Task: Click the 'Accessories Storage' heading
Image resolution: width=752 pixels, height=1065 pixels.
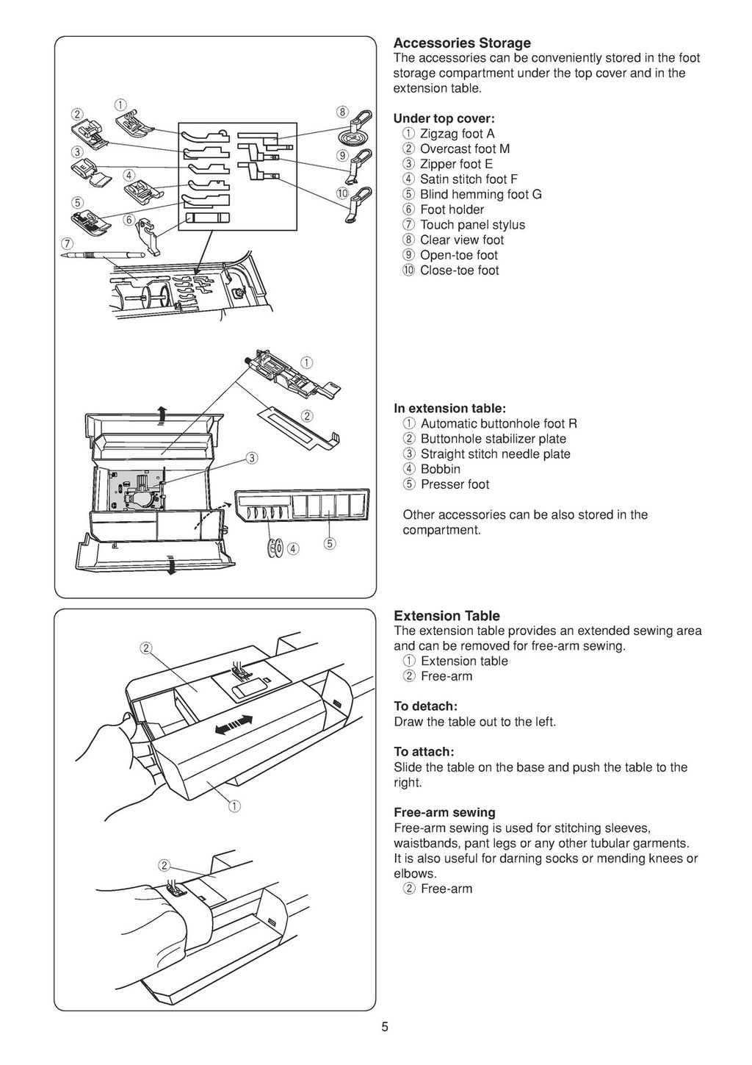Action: pos(462,43)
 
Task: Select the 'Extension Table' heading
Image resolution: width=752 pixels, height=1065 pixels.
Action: pos(446,615)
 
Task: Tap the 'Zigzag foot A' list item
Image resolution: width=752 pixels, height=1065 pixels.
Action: pos(457,133)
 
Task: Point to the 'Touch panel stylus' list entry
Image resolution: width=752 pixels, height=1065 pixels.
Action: pos(472,225)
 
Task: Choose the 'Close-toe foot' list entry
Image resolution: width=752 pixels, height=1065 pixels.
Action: pos(459,270)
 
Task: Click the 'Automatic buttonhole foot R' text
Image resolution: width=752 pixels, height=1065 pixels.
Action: pos(499,423)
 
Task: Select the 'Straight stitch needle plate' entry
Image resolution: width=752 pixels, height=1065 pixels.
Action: pos(495,454)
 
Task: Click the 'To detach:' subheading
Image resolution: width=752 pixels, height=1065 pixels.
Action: pos(425,706)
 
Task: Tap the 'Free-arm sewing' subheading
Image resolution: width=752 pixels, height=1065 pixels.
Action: pos(444,812)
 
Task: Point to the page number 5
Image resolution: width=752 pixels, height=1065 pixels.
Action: pos(385,1028)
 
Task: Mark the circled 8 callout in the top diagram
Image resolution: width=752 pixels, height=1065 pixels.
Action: pos(341,112)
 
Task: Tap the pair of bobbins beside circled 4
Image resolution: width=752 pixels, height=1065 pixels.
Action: pos(276,548)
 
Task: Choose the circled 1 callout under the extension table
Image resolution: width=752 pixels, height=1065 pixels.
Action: pos(234,806)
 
